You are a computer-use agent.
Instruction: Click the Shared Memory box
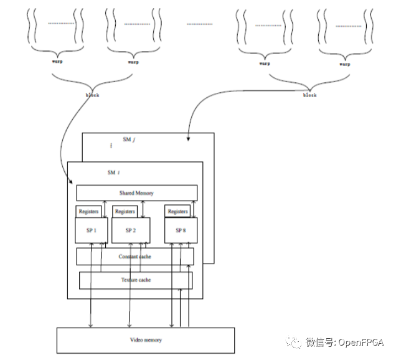(136, 193)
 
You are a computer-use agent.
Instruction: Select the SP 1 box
(92, 230)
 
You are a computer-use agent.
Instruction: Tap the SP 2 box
(130, 230)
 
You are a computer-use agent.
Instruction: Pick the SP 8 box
(181, 230)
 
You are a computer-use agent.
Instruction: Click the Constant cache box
(135, 257)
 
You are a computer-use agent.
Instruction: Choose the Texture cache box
(136, 280)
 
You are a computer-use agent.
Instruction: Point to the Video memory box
(146, 340)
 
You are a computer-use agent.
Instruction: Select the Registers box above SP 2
(125, 212)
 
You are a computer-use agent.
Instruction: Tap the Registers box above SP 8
(177, 212)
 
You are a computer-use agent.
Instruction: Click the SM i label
(113, 172)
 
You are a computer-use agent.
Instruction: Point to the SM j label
(129, 140)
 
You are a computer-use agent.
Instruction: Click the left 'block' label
(92, 95)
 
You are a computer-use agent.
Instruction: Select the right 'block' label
(309, 95)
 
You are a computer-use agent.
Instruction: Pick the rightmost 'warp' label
(344, 63)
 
